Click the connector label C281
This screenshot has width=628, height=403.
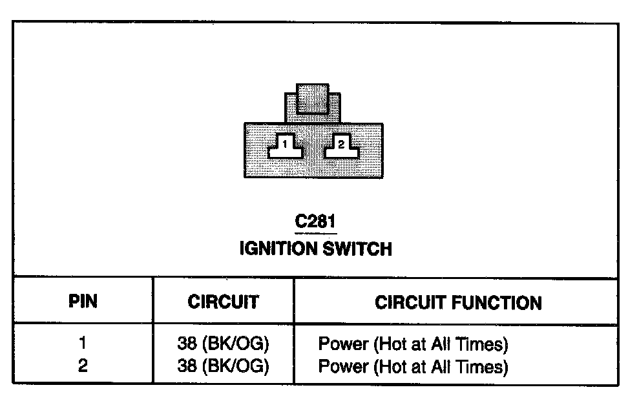315,222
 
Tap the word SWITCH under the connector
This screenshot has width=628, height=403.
359,249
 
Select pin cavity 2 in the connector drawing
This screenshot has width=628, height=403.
341,145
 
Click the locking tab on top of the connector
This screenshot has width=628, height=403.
313,99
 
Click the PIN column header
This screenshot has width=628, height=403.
83,302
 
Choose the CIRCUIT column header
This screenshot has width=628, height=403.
223,302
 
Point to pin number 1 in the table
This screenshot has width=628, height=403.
83,342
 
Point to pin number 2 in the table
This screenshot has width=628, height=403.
83,366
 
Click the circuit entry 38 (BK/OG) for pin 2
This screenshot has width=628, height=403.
223,366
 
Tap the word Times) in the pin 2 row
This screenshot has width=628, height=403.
483,367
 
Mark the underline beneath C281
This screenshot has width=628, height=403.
315,232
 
